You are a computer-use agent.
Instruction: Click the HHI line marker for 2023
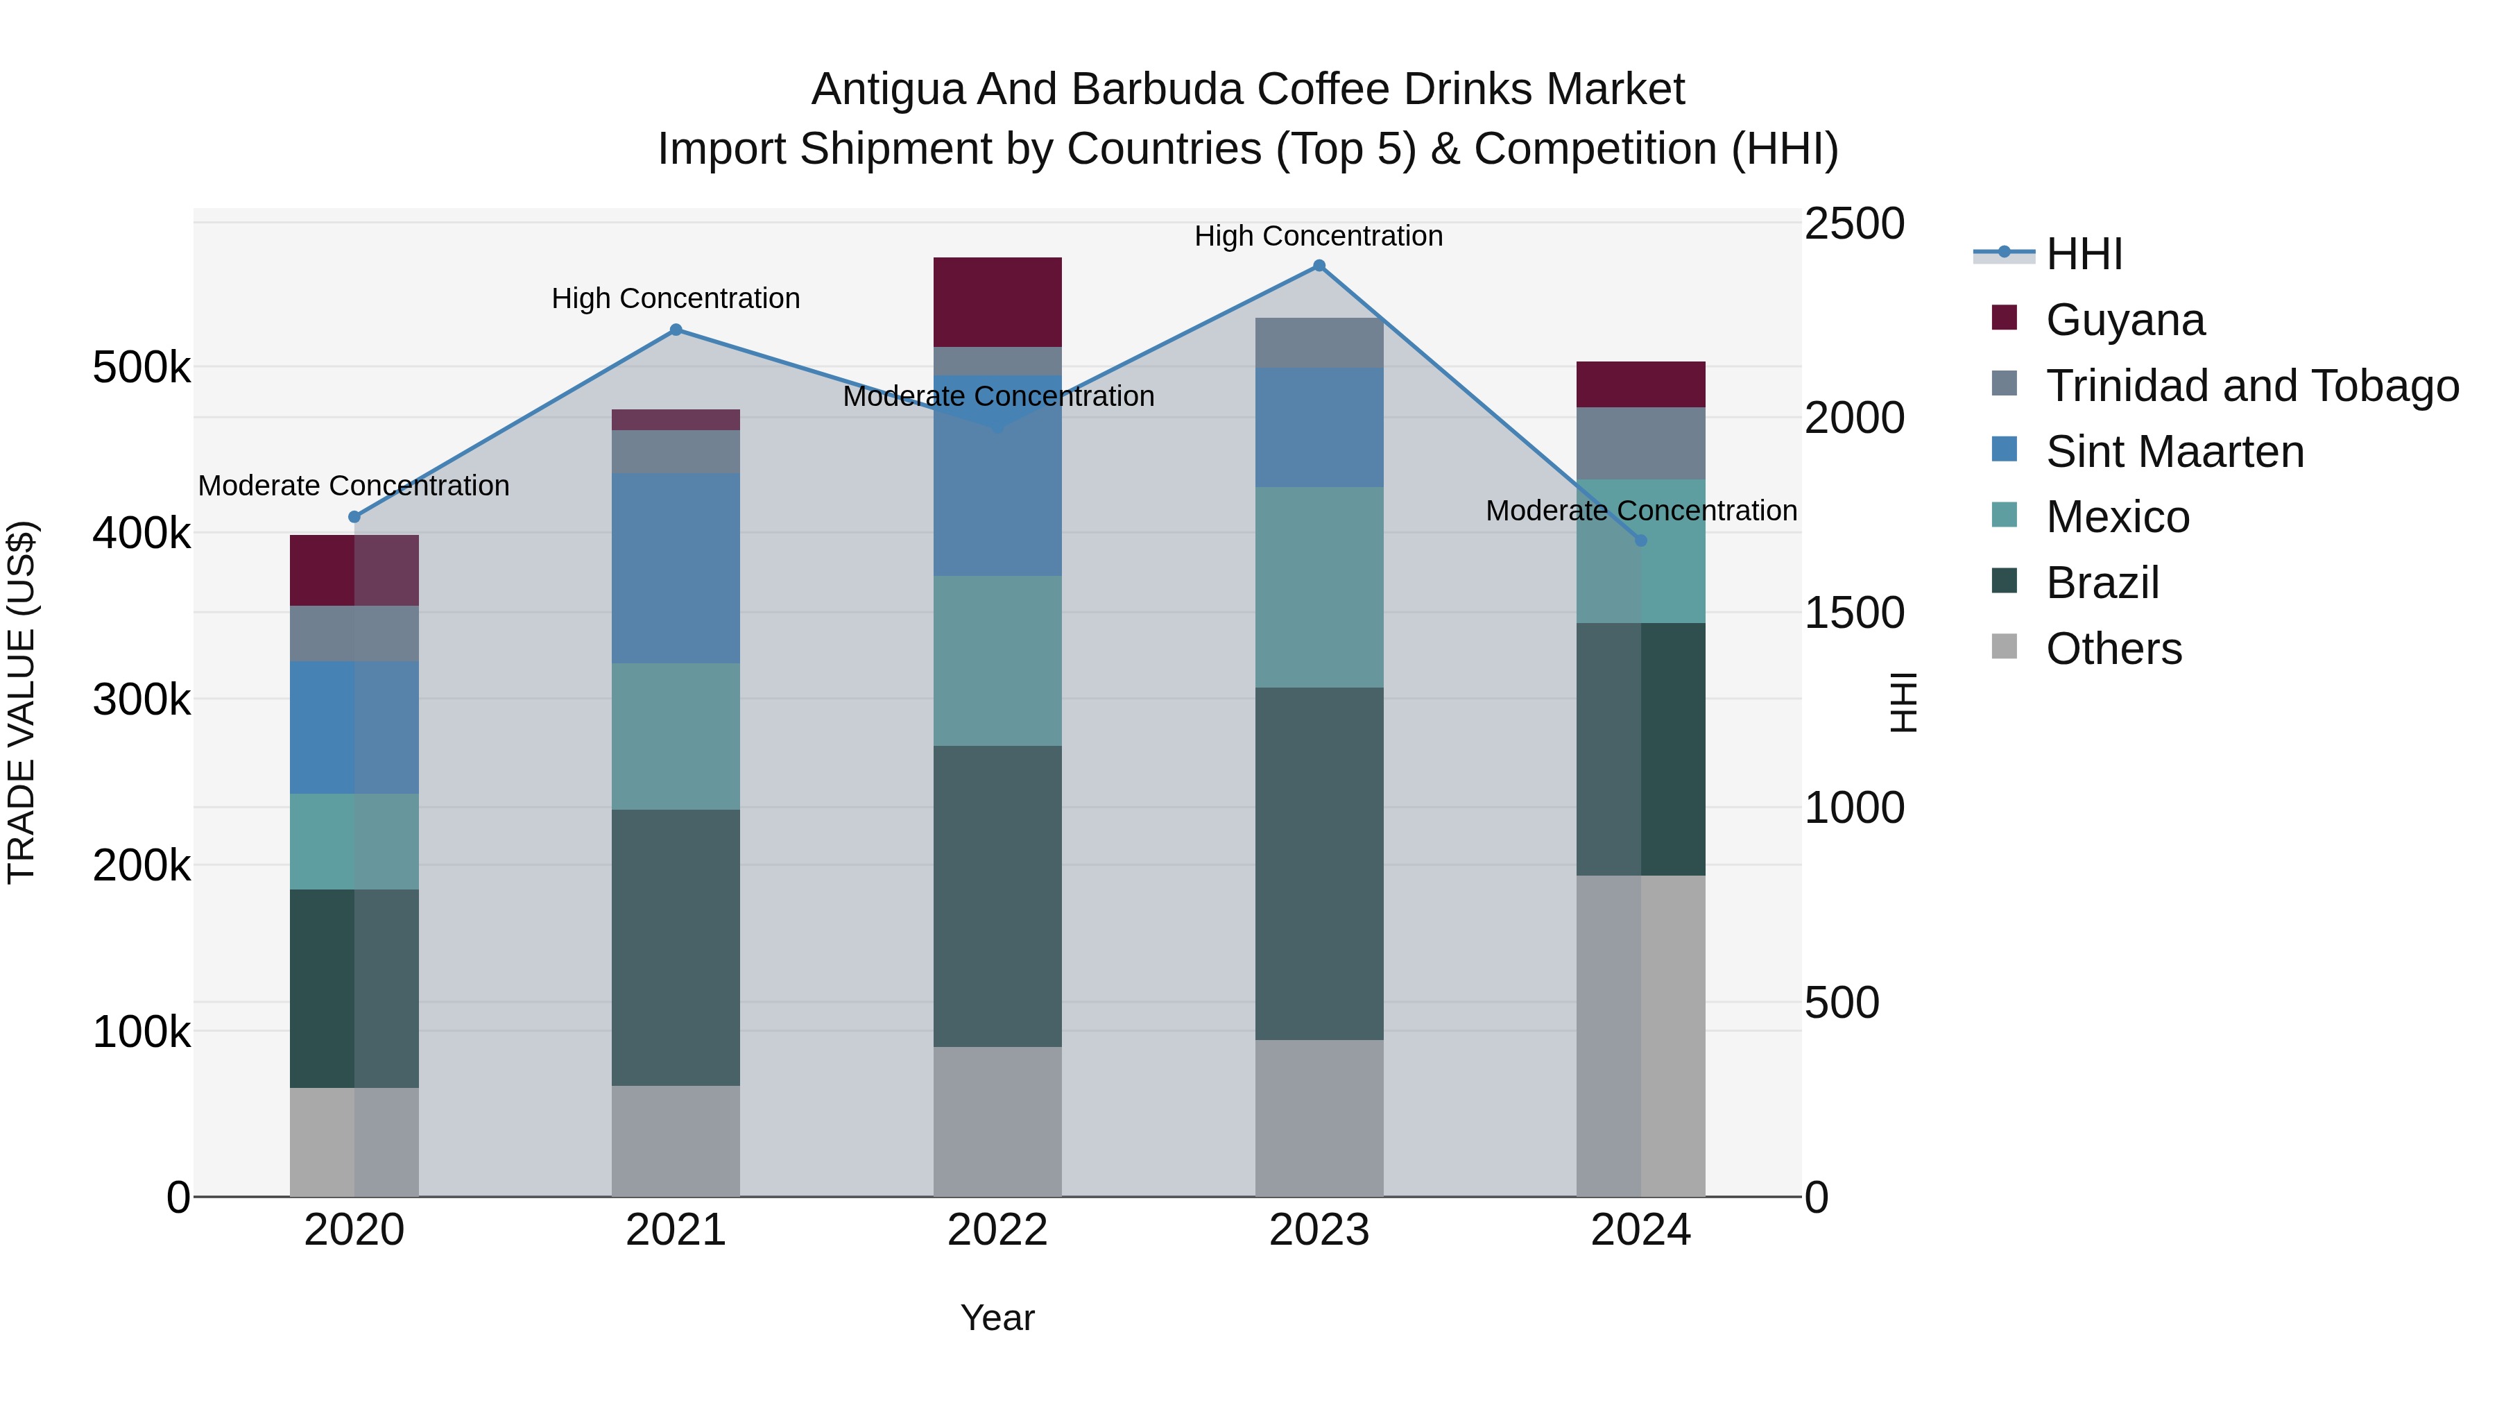[1319, 266]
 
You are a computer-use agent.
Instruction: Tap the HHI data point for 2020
[354, 517]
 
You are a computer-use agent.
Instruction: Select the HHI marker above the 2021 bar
[676, 330]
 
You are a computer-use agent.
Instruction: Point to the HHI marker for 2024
[1640, 540]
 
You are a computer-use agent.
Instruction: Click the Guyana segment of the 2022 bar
[997, 302]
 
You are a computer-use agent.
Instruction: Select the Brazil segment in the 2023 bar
[1319, 863]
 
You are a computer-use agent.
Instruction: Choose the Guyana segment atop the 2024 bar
[1640, 384]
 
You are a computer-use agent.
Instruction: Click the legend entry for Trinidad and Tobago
[2251, 386]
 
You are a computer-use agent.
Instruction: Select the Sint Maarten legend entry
[2174, 452]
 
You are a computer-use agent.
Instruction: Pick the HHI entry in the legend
[2084, 254]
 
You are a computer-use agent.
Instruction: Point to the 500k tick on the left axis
[141, 368]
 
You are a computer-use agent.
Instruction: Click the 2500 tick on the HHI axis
[1853, 224]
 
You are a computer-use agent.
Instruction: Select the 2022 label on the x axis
[997, 1230]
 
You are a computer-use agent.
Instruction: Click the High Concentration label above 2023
[1319, 236]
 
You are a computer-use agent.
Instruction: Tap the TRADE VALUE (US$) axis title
[22, 702]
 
